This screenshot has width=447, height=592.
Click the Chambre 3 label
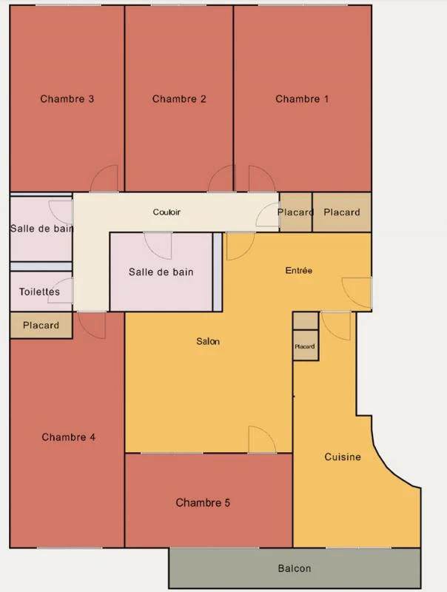tap(67, 99)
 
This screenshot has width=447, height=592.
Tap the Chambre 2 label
tap(179, 99)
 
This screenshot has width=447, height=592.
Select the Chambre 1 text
tap(302, 99)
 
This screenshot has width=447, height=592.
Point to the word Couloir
tap(167, 212)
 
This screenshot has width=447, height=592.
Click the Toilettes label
tap(39, 292)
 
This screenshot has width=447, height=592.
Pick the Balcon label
tap(295, 568)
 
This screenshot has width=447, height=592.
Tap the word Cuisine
tap(343, 457)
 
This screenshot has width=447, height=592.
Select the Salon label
tap(208, 341)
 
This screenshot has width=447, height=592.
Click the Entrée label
tap(299, 270)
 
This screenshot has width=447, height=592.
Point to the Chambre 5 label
tap(203, 502)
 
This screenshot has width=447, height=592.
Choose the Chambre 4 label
tap(68, 437)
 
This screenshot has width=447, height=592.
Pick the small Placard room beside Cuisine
tap(306, 346)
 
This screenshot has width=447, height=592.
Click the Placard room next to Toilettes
tap(41, 325)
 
